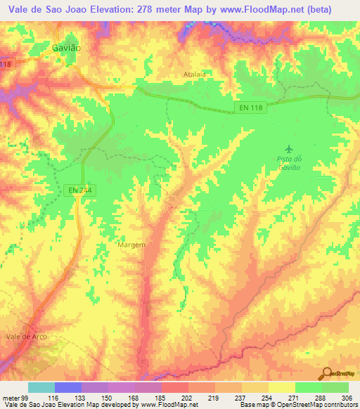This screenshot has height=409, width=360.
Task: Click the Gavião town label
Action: tap(66, 48)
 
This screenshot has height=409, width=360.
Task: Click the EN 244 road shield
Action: tap(80, 190)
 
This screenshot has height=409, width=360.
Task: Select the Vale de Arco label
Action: tap(26, 337)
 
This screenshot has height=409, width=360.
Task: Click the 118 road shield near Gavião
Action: tap(6, 65)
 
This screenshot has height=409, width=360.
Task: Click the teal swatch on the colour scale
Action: tap(41, 388)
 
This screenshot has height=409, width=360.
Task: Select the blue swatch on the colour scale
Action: tap(68, 388)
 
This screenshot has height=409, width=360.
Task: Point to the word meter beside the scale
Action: tap(9, 398)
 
